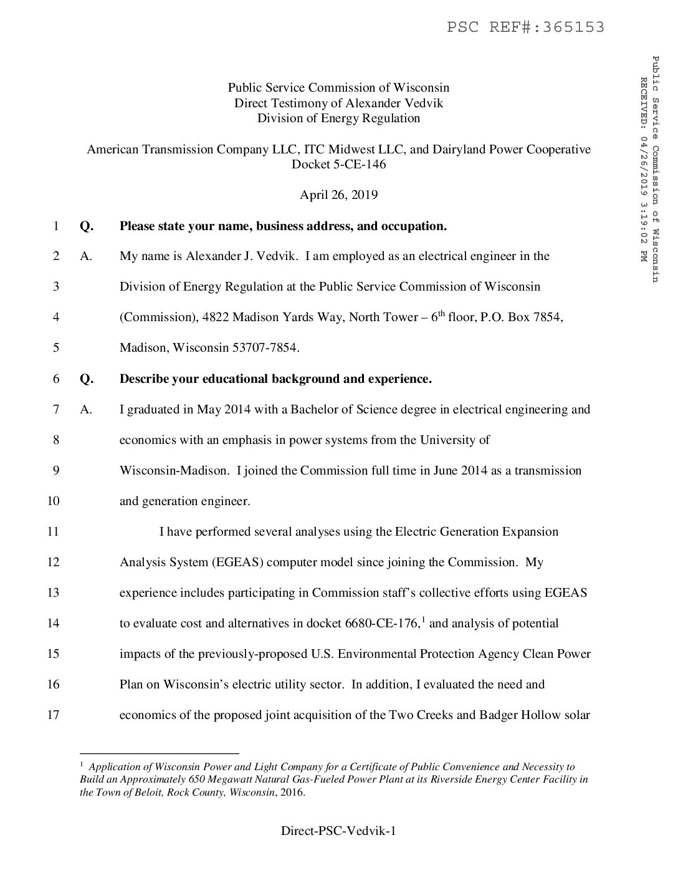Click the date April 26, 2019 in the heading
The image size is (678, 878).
coord(338,195)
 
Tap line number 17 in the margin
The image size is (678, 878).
coord(53,715)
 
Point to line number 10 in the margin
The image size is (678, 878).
coord(53,501)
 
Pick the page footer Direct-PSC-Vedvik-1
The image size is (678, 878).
coord(338,831)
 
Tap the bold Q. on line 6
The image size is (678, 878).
coord(87,379)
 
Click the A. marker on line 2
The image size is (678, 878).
coord(86,256)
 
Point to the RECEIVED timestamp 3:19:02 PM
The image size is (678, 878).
coord(642,231)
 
